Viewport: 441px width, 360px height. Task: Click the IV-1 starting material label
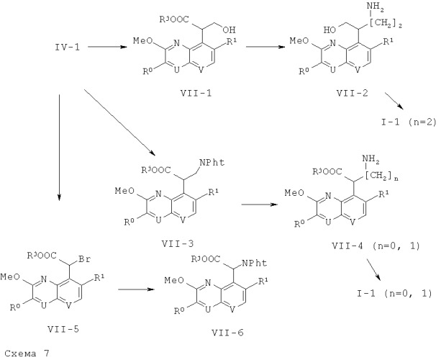click(x=68, y=47)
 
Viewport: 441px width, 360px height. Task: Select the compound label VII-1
click(x=196, y=93)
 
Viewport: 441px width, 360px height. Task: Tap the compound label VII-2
click(x=352, y=93)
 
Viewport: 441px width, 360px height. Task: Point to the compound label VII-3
click(x=178, y=243)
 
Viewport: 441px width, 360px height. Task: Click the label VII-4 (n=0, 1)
click(x=376, y=246)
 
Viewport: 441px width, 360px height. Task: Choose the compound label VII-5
click(x=63, y=329)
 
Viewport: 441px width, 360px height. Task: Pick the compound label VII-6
click(x=227, y=333)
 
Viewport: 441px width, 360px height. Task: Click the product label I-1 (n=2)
click(x=409, y=122)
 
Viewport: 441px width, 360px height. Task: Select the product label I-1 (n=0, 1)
click(x=394, y=294)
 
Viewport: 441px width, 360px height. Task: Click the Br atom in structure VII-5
click(x=85, y=259)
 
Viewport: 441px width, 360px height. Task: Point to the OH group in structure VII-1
click(x=228, y=30)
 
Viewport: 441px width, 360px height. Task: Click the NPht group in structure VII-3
click(x=212, y=163)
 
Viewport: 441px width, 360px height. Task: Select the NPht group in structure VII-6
click(x=254, y=263)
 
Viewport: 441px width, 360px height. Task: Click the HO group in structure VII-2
click(x=330, y=30)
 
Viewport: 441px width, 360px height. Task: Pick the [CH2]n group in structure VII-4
click(x=383, y=176)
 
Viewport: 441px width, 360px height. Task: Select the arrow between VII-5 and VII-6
click(x=137, y=289)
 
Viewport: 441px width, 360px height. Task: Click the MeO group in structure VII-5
click(x=10, y=277)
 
